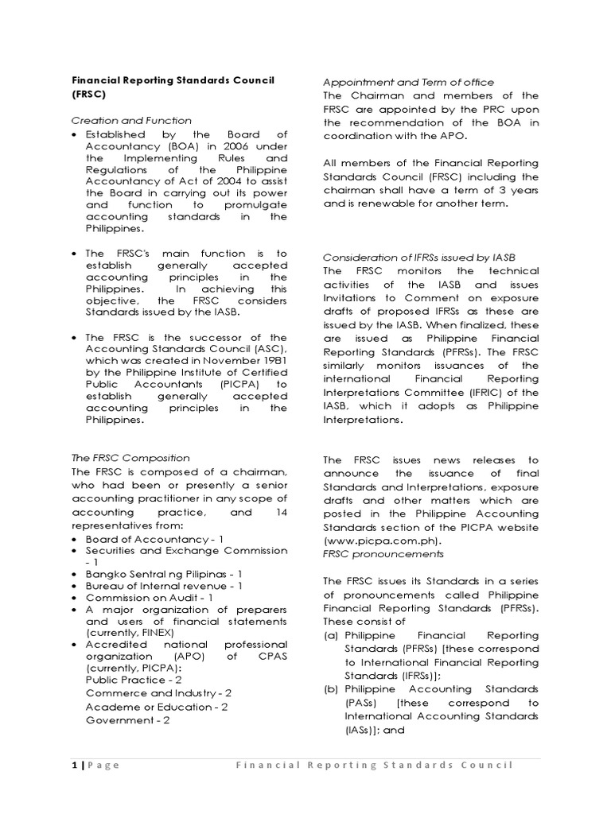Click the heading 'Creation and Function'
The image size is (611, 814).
click(x=131, y=121)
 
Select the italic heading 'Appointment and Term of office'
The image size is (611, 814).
click(x=408, y=82)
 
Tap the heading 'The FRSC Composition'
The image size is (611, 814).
click(x=130, y=458)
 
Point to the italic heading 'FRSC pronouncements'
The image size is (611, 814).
click(x=383, y=554)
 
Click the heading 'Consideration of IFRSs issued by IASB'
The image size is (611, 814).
click(x=418, y=257)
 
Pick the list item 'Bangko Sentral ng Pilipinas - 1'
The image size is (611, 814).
click(x=164, y=573)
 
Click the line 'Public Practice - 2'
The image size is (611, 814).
click(x=134, y=680)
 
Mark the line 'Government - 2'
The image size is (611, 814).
click(x=127, y=720)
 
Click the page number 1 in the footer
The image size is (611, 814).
click(x=74, y=766)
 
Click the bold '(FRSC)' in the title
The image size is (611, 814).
click(x=89, y=94)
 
